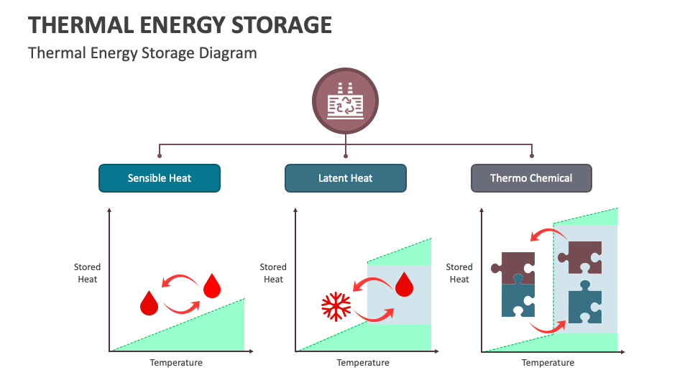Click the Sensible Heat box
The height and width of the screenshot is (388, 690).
pos(159,178)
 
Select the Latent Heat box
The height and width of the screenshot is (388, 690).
pos(345,178)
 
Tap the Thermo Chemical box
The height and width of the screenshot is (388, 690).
pos(531,178)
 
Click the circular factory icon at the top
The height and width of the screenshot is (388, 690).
pos(346,102)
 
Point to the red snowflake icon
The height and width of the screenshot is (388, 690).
pos(335,306)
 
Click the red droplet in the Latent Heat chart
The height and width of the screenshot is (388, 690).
pos(405,284)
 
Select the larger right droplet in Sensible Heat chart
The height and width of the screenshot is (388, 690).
pos(211,285)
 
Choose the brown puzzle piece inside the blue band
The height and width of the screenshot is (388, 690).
pos(581,257)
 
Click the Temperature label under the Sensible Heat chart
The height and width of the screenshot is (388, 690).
pos(176,363)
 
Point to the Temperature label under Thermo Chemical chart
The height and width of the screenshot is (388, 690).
pos(548,363)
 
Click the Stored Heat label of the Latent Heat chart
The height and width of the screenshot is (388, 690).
pos(273,273)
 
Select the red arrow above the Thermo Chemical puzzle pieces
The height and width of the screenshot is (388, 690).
pos(543,234)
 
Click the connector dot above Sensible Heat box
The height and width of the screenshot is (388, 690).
pos(160,155)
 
